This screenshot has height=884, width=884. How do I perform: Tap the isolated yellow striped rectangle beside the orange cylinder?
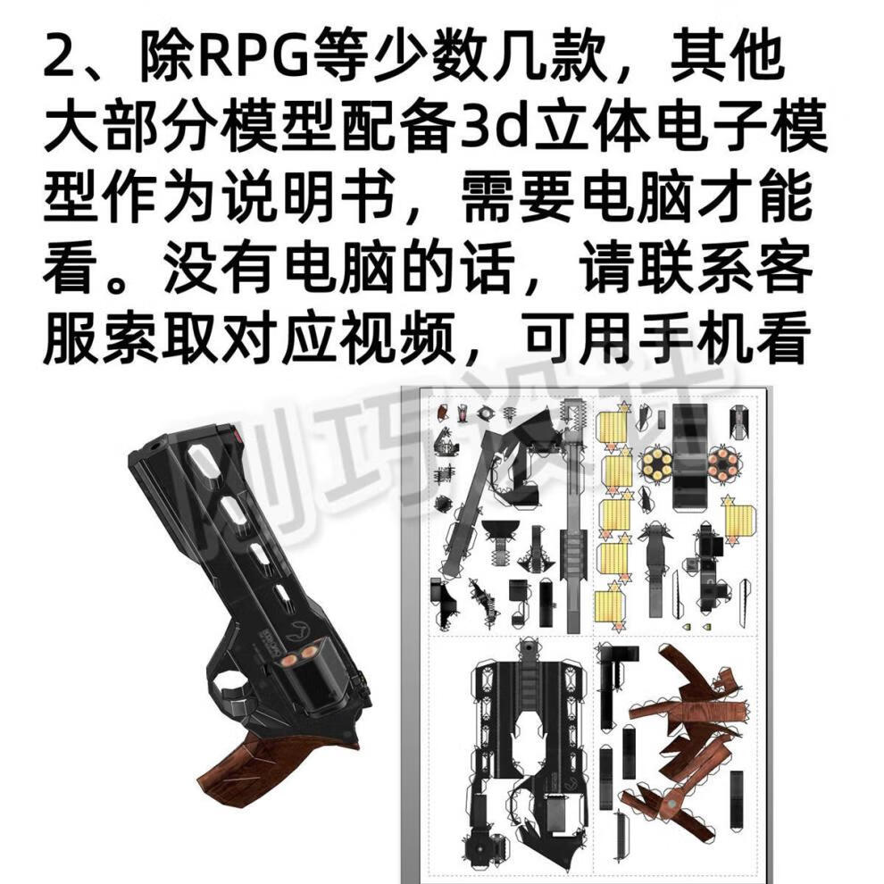point(738,521)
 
